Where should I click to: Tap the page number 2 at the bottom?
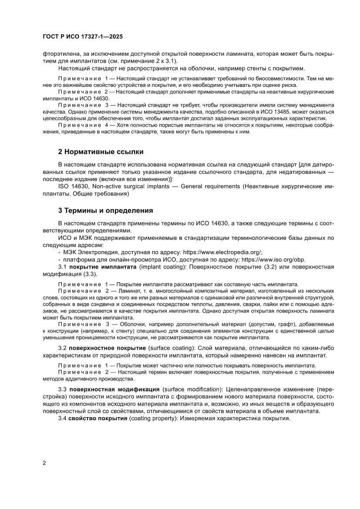click(44, 462)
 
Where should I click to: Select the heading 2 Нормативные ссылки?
click(101, 152)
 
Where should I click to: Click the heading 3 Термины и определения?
click(105, 211)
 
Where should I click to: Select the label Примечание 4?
click(83, 125)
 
